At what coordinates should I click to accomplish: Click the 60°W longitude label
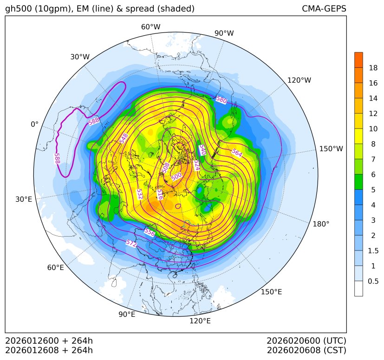150,27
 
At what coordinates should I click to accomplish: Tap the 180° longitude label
321,224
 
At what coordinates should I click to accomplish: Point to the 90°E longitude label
127,315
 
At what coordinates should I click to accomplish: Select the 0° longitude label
34,124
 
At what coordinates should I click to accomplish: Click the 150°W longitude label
331,149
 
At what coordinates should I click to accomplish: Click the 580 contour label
221,100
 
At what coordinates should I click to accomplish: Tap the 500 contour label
176,177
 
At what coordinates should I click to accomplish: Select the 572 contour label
131,243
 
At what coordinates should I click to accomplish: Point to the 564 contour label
236,154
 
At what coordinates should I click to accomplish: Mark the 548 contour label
123,138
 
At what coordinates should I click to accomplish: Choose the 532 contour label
140,194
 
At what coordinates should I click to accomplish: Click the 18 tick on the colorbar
373,68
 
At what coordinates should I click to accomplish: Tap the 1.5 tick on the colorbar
373,251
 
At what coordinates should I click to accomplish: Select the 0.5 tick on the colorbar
373,281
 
